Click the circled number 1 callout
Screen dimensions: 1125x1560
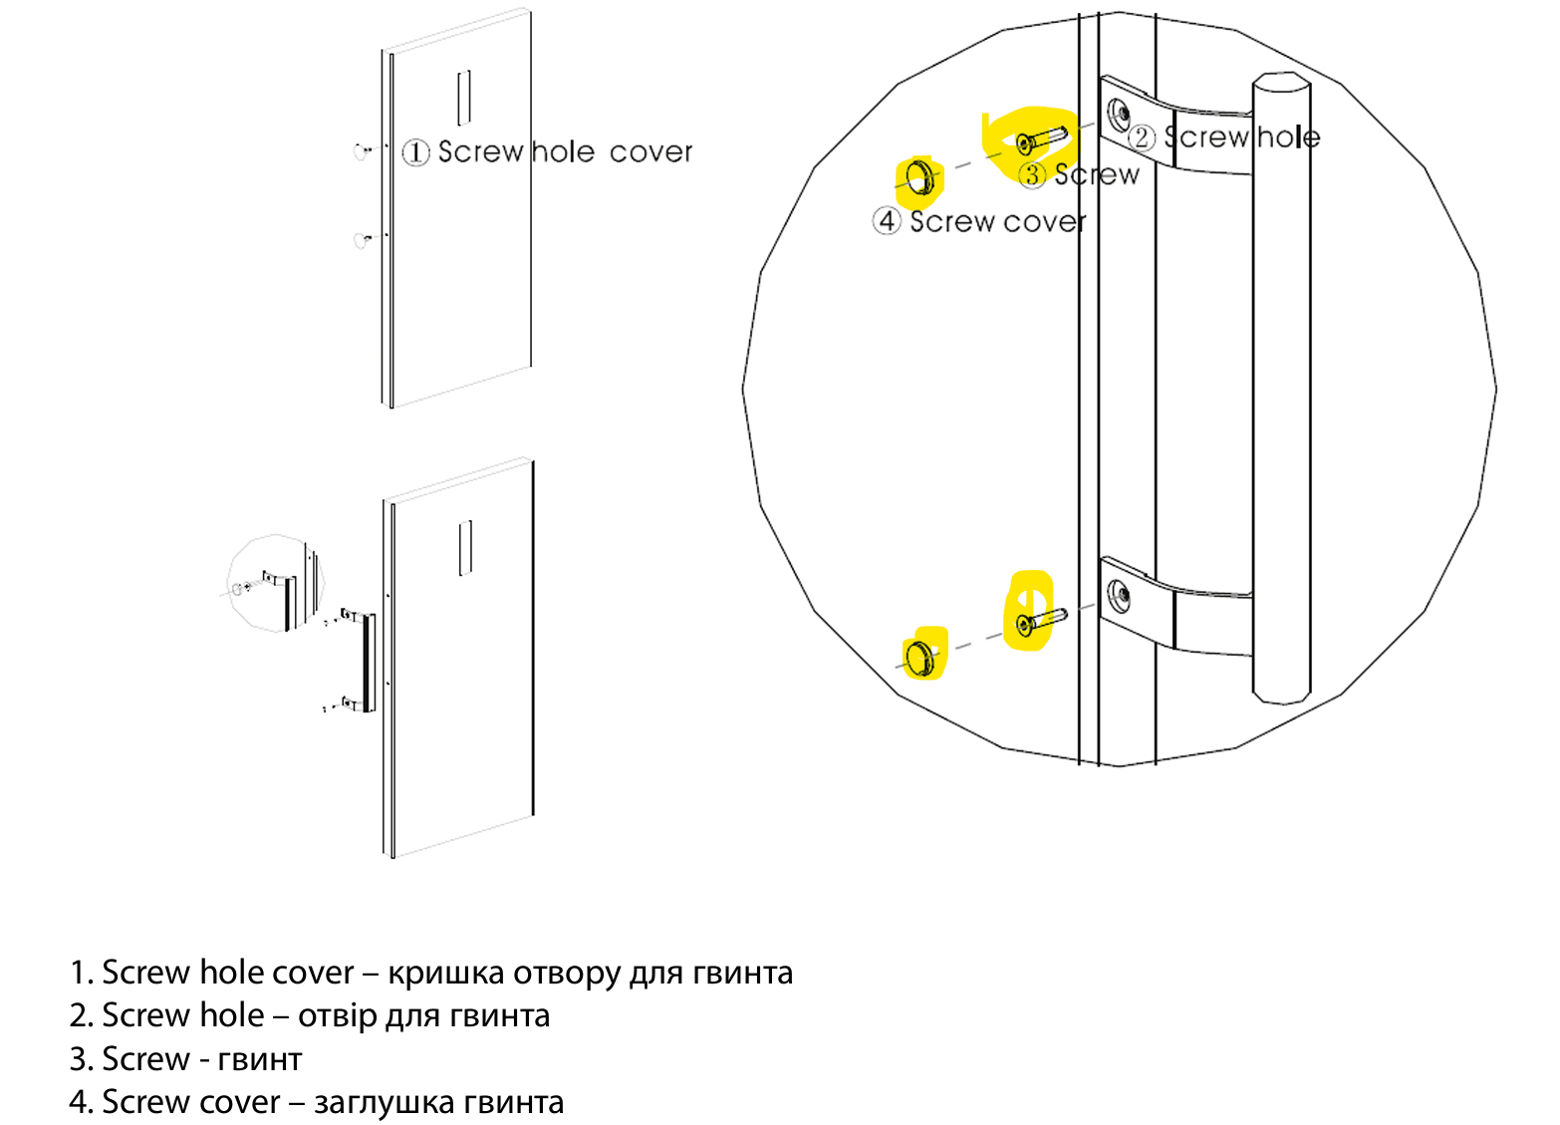tap(415, 152)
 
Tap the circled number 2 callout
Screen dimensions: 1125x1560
tap(1142, 139)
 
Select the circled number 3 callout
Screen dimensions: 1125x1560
tap(1032, 175)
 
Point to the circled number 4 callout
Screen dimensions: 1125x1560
tap(887, 221)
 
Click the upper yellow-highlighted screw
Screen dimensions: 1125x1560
tap(1040, 141)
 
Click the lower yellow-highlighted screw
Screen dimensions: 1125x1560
tap(1038, 622)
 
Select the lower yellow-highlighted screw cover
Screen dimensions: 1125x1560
tap(920, 657)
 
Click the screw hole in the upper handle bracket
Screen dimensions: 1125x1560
tap(1121, 113)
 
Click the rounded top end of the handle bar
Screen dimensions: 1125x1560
tap(1281, 84)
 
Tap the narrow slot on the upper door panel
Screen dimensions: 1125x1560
tap(463, 98)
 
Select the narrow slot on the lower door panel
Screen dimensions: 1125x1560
tap(464, 548)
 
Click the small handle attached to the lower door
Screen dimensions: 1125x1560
tap(367, 663)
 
